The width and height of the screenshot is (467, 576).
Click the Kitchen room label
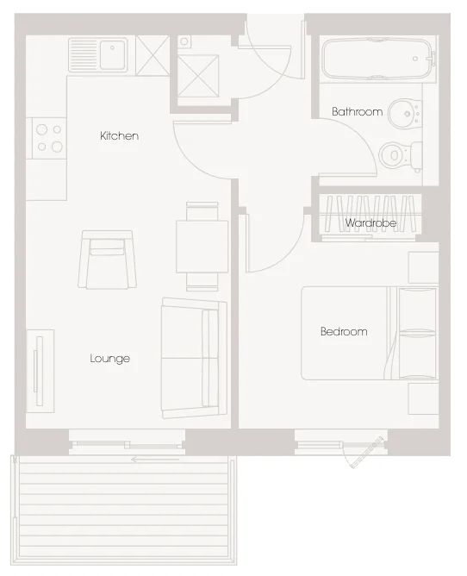tap(119, 136)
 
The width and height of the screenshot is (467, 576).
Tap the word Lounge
tap(109, 358)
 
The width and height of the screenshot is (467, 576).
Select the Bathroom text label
tap(358, 112)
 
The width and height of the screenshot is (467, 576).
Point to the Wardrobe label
tap(370, 222)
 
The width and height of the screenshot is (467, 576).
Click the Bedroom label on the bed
tap(344, 331)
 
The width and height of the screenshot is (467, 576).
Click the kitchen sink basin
tap(112, 55)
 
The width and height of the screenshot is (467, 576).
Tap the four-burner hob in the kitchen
tap(49, 138)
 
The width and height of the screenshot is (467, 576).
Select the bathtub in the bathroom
tap(377, 59)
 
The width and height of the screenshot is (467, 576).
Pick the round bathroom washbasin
tap(404, 113)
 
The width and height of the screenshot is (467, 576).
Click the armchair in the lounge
tap(107, 260)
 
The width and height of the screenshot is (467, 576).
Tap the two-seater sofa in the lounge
tap(194, 358)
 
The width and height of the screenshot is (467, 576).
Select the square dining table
tap(202, 246)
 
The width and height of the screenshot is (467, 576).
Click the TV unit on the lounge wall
tap(40, 371)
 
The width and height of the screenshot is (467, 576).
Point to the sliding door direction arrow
tap(155, 460)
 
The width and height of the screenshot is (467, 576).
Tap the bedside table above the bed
tap(424, 267)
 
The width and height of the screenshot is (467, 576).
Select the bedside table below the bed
tap(424, 399)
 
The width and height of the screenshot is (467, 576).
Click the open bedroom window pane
tap(367, 452)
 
